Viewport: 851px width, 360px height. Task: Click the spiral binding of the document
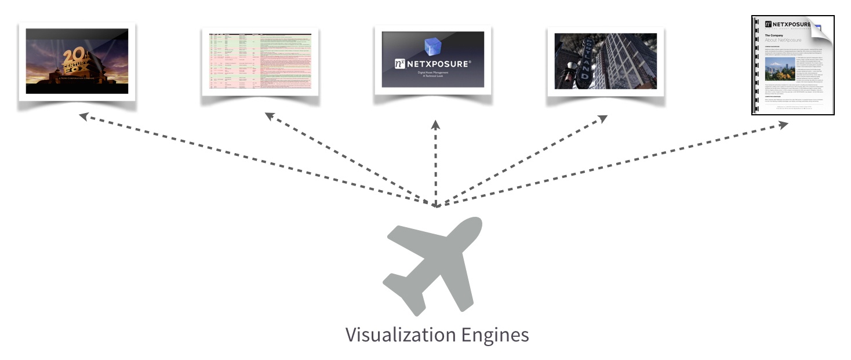pos(755,65)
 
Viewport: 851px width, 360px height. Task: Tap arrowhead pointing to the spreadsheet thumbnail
pos(270,115)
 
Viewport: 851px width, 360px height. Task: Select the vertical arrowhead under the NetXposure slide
pos(435,123)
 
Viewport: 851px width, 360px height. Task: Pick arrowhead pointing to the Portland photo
pos(603,118)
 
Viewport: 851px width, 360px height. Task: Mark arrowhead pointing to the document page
pos(784,124)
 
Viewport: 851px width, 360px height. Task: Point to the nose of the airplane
pos(474,224)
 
